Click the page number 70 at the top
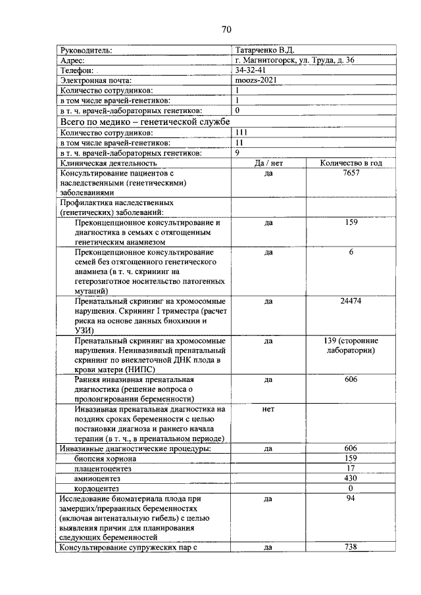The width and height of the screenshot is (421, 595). [x=226, y=30]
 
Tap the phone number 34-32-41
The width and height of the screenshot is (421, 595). [x=250, y=70]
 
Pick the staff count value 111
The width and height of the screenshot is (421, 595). [x=241, y=131]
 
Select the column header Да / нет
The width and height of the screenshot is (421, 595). [x=268, y=162]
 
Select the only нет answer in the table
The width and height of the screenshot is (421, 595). [x=268, y=409]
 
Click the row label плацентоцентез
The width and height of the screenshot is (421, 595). [x=103, y=469]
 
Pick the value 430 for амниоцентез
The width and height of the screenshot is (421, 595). [x=351, y=479]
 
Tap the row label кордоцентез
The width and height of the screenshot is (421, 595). [x=97, y=488]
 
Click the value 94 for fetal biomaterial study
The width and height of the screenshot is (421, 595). [x=351, y=499]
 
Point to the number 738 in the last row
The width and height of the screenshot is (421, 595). [x=351, y=548]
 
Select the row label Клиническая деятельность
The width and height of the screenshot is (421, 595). [x=108, y=162]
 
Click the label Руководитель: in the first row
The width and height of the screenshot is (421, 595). [x=86, y=49]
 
